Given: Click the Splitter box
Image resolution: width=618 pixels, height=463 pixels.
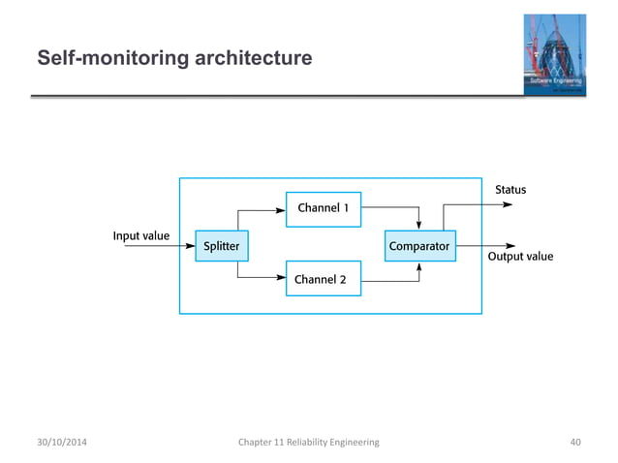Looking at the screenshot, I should click(x=222, y=246).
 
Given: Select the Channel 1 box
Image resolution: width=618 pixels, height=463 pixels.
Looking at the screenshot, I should click(x=324, y=208).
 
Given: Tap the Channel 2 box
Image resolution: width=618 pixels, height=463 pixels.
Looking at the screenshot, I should click(x=324, y=280).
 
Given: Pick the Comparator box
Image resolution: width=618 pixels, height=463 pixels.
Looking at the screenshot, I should click(x=418, y=246).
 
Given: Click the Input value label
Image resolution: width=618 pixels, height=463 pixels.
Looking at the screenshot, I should click(x=141, y=236).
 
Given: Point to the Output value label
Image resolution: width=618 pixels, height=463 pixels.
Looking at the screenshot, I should click(x=520, y=257).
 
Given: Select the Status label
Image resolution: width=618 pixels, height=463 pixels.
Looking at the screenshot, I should click(x=510, y=190).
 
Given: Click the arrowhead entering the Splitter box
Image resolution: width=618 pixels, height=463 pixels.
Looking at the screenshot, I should click(x=190, y=246).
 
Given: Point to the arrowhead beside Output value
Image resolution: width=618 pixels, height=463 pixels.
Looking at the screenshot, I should click(x=511, y=246).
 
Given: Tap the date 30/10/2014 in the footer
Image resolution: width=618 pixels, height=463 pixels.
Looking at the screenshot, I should click(x=67, y=443).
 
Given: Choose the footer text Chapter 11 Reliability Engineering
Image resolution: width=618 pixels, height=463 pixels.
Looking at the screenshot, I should click(x=308, y=443).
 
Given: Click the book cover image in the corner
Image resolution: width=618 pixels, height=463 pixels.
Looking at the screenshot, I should click(x=555, y=54).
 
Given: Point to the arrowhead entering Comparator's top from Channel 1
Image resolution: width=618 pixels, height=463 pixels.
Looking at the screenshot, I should click(x=418, y=226).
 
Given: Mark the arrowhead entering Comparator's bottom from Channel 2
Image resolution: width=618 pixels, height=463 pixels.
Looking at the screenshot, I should click(x=418, y=266).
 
